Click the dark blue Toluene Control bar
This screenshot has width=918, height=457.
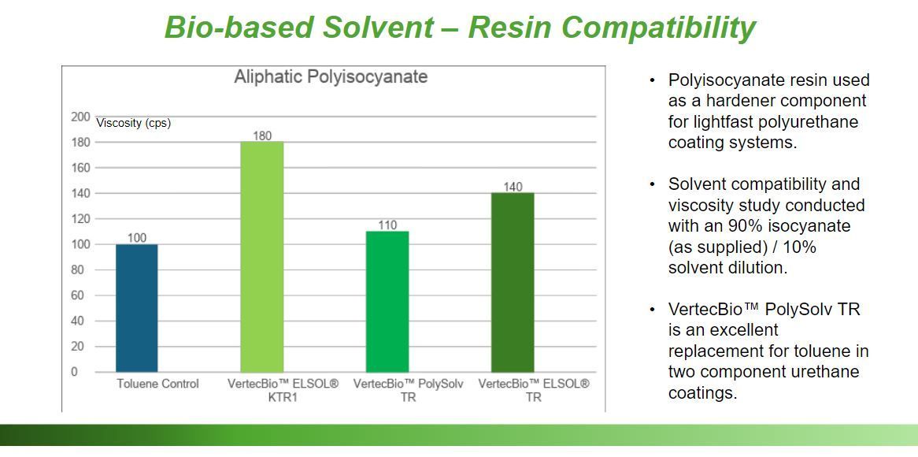click(x=136, y=308)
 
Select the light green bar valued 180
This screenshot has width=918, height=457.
click(x=261, y=257)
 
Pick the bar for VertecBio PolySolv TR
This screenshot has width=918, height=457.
click(x=387, y=302)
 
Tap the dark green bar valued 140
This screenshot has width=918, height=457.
click(x=513, y=282)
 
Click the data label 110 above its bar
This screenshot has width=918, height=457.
click(x=387, y=225)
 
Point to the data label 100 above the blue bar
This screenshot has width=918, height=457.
click(x=137, y=238)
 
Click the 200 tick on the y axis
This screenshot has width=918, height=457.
click(x=81, y=117)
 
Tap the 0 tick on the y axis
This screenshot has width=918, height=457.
click(x=74, y=372)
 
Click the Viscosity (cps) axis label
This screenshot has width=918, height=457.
click(x=134, y=123)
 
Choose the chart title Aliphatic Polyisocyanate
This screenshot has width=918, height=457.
click(x=331, y=76)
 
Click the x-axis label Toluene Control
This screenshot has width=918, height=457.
click(x=157, y=384)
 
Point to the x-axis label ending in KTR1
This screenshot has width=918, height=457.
click(x=283, y=390)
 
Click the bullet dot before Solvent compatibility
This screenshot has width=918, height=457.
click(x=652, y=184)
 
